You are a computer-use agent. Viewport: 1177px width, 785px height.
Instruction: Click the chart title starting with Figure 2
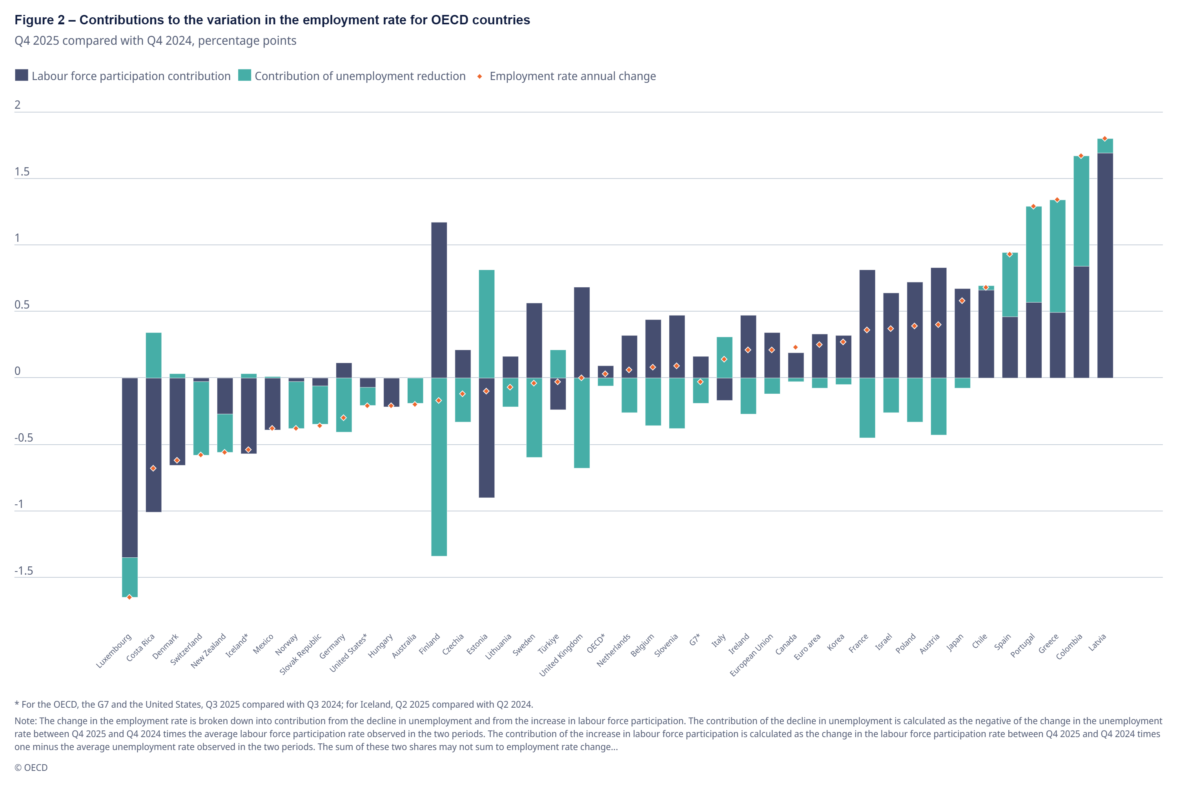pyautogui.click(x=272, y=20)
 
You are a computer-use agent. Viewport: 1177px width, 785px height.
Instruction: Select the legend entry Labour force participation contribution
pyautogui.click(x=123, y=76)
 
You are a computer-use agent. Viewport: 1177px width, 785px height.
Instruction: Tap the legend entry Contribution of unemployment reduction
pyautogui.click(x=352, y=76)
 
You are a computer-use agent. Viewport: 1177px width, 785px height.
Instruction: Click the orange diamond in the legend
pyautogui.click(x=479, y=77)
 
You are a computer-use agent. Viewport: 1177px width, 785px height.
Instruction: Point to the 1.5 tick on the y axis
pyautogui.click(x=22, y=172)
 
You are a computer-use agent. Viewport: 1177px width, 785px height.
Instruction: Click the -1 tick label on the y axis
pyautogui.click(x=19, y=504)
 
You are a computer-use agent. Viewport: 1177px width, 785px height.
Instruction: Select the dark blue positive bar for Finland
pyautogui.click(x=439, y=300)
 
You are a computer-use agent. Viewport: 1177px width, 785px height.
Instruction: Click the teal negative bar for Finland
pyautogui.click(x=439, y=467)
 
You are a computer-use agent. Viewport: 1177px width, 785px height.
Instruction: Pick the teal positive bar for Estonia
pyautogui.click(x=486, y=324)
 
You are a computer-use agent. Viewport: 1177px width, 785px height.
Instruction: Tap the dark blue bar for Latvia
pyautogui.click(x=1105, y=265)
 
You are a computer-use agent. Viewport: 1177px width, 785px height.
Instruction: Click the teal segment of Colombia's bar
pyautogui.click(x=1081, y=211)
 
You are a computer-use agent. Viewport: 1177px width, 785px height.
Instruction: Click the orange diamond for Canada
pyautogui.click(x=796, y=347)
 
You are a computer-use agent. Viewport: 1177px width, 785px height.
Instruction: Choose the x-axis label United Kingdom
pyautogui.click(x=561, y=655)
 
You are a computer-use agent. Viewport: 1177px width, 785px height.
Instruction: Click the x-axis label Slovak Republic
pyautogui.click(x=300, y=654)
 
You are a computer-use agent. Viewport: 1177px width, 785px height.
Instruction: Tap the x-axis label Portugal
pyautogui.click(x=1022, y=645)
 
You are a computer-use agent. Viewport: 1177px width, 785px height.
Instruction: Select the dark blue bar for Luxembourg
pyautogui.click(x=129, y=467)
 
